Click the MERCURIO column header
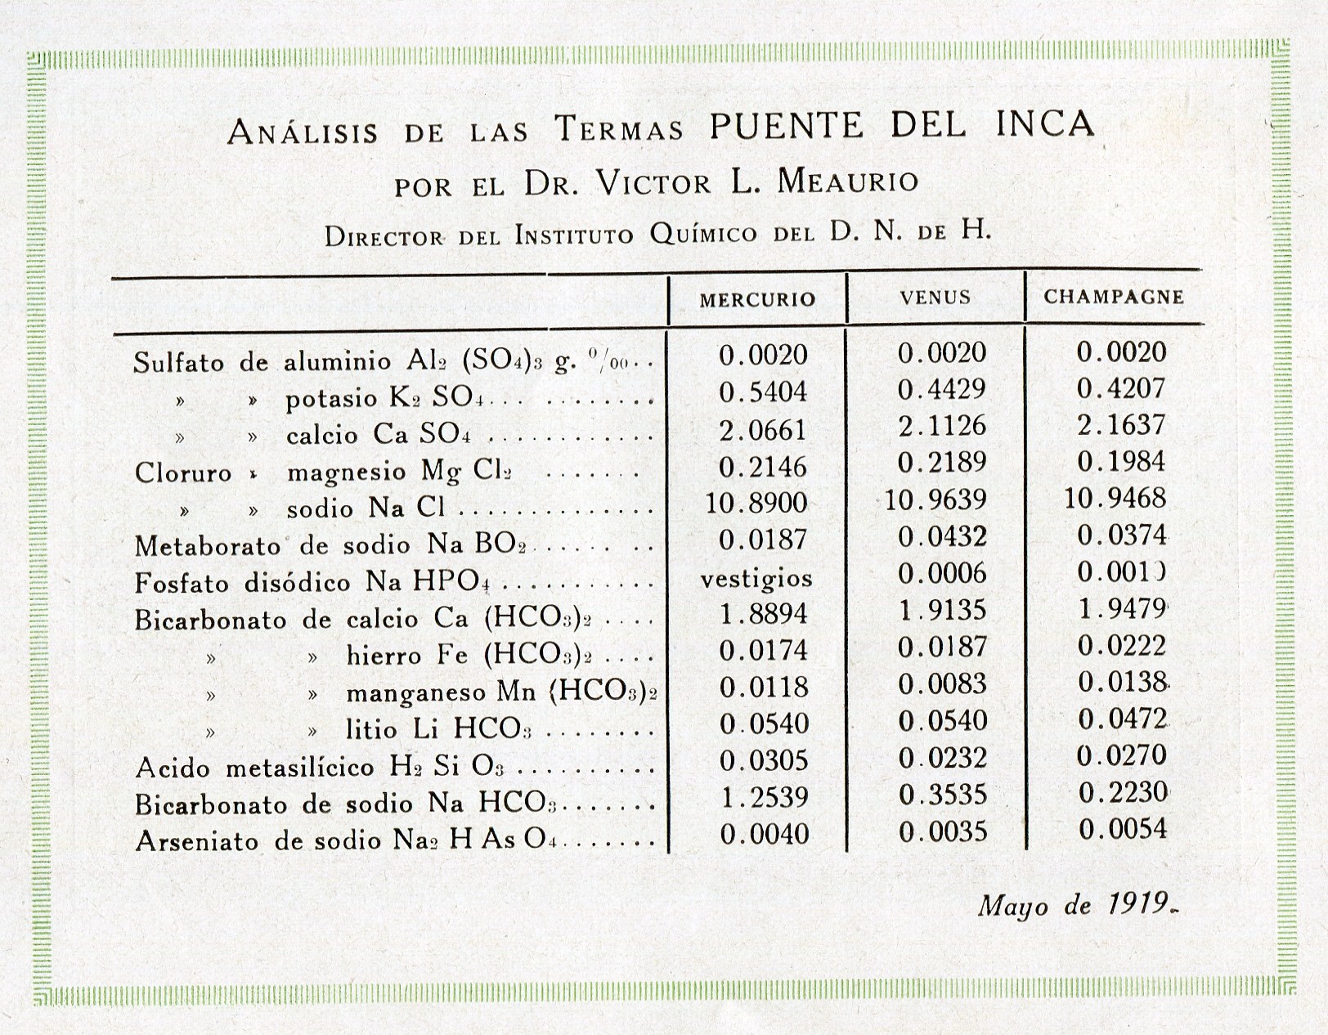click(757, 299)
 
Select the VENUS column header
click(935, 298)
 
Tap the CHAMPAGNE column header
click(1114, 296)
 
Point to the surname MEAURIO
click(847, 181)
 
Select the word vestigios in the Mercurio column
click(756, 579)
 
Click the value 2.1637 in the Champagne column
click(1121, 425)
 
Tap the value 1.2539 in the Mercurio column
click(764, 797)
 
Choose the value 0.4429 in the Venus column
click(942, 390)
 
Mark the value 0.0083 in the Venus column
click(942, 684)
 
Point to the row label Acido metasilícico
click(256, 768)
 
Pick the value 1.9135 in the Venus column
click(942, 611)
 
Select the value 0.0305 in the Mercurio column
click(764, 760)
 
